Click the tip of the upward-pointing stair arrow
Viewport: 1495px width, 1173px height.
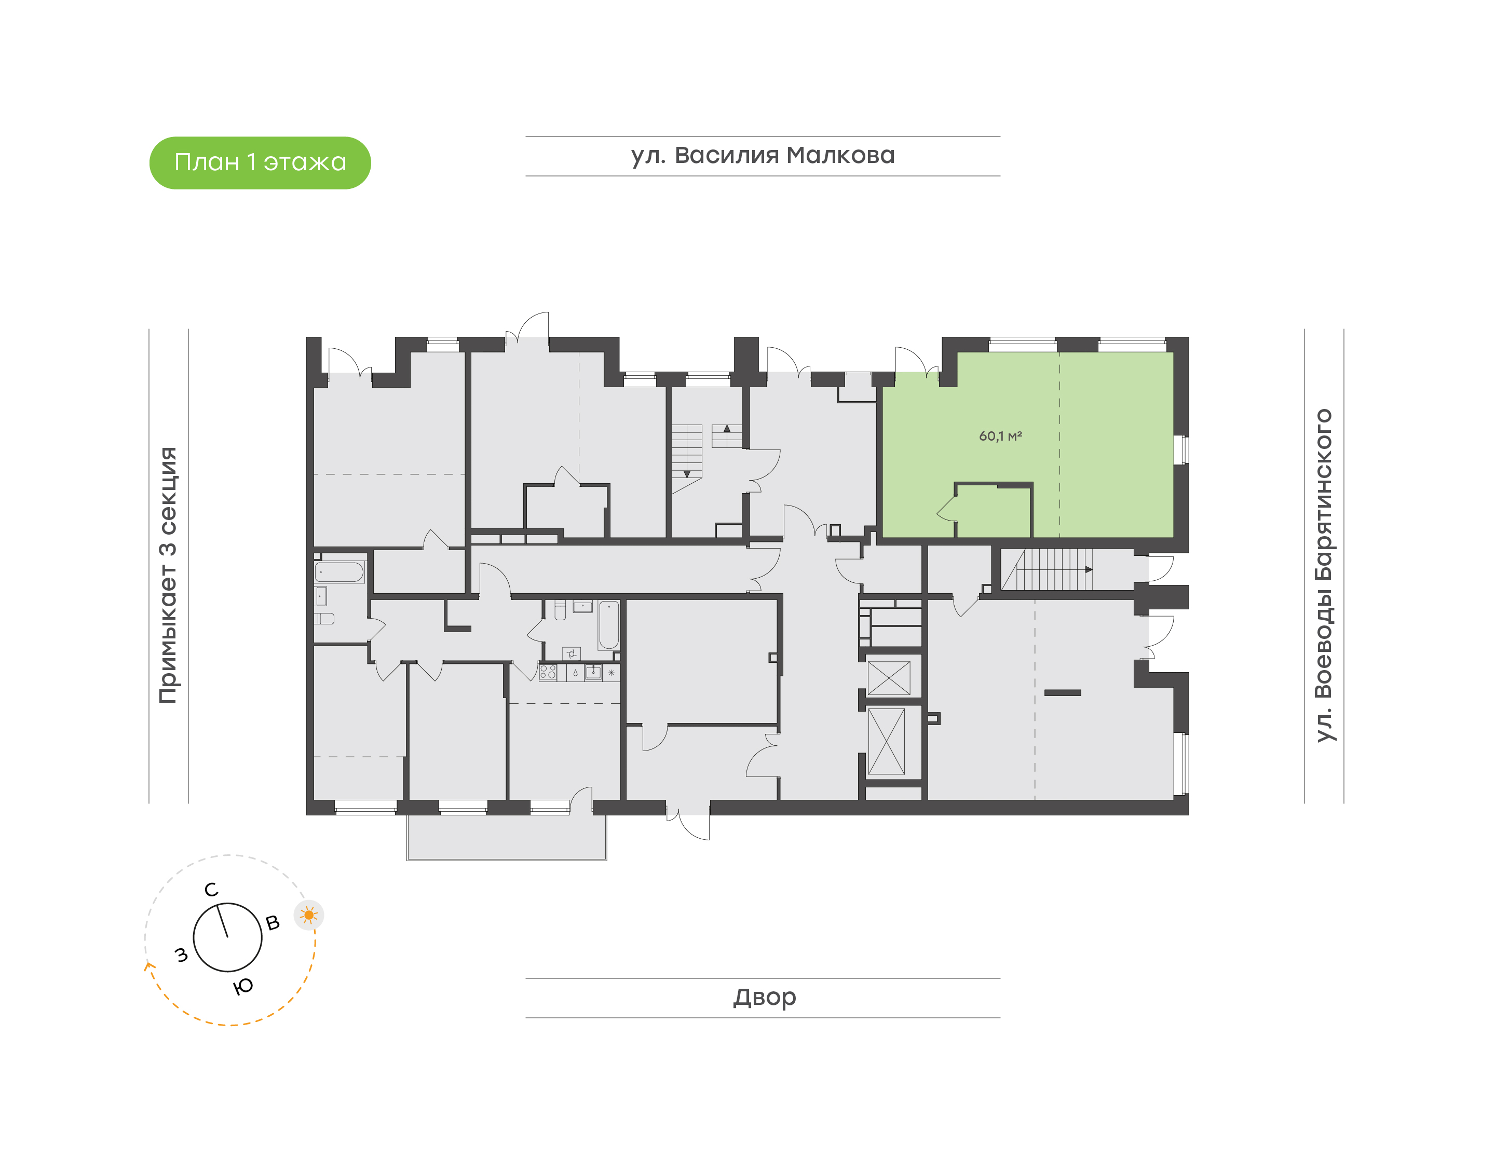727,425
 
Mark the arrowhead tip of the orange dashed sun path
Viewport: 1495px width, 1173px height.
146,962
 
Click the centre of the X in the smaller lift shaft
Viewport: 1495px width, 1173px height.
889,678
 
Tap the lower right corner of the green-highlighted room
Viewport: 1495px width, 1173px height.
1173,537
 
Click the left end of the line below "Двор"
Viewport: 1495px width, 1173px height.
526,1017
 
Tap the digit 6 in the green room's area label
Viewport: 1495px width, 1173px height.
983,436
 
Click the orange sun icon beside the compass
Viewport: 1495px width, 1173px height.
309,915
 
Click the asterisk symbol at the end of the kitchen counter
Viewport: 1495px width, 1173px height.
611,672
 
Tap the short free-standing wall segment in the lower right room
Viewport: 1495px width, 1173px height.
1063,692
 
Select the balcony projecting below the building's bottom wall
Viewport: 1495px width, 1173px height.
507,837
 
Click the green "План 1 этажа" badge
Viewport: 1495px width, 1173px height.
260,163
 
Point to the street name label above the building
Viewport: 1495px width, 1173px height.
763,155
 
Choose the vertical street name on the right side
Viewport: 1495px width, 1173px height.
1323,576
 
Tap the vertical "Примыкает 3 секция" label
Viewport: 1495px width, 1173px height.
168,575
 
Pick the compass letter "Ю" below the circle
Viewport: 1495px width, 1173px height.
243,987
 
